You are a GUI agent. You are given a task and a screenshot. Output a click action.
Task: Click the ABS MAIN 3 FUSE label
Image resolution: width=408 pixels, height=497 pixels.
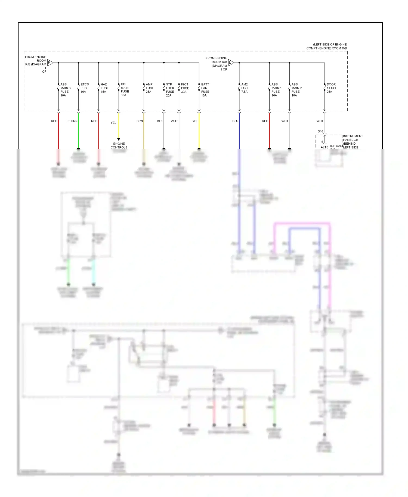(65, 90)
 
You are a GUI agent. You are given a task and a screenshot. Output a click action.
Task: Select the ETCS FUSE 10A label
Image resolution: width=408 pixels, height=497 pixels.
(85, 88)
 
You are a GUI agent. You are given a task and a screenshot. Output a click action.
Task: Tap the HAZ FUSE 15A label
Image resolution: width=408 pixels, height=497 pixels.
(105, 88)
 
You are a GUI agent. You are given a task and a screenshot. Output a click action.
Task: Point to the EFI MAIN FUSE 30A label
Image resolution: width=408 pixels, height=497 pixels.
(125, 90)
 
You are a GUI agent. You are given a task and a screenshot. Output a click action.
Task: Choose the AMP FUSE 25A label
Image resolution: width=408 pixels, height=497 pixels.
(150, 88)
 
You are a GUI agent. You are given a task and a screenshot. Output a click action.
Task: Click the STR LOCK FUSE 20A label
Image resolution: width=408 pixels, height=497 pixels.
(170, 90)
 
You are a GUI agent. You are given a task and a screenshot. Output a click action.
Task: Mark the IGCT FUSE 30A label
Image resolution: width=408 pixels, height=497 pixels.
(185, 88)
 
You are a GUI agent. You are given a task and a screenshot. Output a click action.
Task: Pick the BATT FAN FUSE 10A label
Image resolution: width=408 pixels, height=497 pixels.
(205, 90)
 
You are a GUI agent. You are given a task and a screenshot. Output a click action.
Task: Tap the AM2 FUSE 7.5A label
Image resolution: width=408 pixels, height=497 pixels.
(245, 88)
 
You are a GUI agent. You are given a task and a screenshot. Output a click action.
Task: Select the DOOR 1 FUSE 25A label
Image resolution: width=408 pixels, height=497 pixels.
(332, 88)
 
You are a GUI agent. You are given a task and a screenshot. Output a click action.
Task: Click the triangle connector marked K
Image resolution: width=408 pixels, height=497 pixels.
(50, 63)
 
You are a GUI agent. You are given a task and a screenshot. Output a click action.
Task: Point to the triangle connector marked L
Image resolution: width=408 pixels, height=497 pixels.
(231, 63)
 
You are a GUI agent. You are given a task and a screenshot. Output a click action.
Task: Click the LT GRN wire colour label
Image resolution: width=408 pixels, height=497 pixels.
(72, 121)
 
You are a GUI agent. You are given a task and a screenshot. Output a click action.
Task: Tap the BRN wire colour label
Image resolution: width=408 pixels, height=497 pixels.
(140, 121)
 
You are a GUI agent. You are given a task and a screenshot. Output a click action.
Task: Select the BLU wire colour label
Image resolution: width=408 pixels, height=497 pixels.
(235, 121)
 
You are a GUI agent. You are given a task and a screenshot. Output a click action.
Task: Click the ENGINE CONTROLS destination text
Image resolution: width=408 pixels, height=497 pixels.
(119, 145)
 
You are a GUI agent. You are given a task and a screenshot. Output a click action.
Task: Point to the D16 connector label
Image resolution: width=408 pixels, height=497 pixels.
(320, 131)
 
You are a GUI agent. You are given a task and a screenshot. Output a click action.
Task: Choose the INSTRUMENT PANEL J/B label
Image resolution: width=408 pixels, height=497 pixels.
(353, 138)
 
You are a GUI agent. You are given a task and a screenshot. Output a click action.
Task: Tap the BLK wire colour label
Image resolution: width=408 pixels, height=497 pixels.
(160, 121)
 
